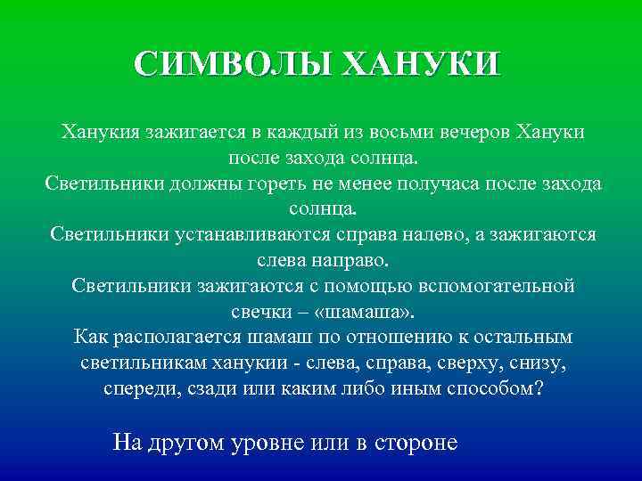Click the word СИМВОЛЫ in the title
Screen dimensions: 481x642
(233, 65)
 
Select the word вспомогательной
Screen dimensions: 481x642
(486, 288)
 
